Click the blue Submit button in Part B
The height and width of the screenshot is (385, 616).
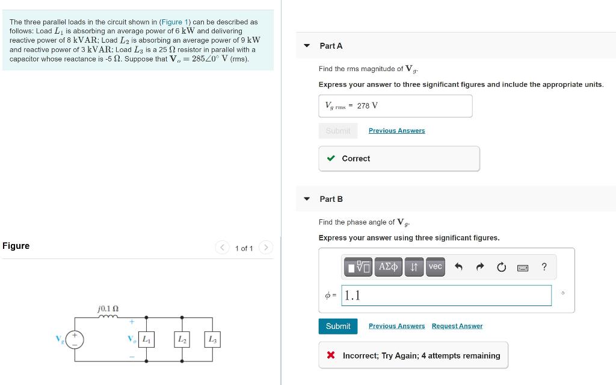[x=337, y=326]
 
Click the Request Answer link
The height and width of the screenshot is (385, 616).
[x=457, y=326]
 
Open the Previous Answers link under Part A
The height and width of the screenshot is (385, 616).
[x=396, y=131]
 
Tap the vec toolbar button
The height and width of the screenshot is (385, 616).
[x=435, y=266]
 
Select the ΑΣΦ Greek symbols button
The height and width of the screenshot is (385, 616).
[x=388, y=266]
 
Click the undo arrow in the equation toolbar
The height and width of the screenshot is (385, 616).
[x=458, y=267]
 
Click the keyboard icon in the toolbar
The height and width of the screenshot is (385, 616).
[x=523, y=267]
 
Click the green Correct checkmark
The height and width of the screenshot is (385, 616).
[x=331, y=158]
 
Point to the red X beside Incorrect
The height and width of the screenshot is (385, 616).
[x=331, y=355]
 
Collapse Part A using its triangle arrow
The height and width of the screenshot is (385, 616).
[x=307, y=46]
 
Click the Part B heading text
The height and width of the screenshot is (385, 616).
[x=331, y=199]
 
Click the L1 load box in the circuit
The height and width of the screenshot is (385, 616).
[x=146, y=340]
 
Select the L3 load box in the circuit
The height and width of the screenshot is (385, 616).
[x=212, y=340]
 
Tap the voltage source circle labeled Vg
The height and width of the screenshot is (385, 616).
[x=75, y=339]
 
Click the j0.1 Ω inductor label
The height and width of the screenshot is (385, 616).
[x=108, y=308]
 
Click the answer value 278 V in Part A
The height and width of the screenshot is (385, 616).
[x=367, y=105]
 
